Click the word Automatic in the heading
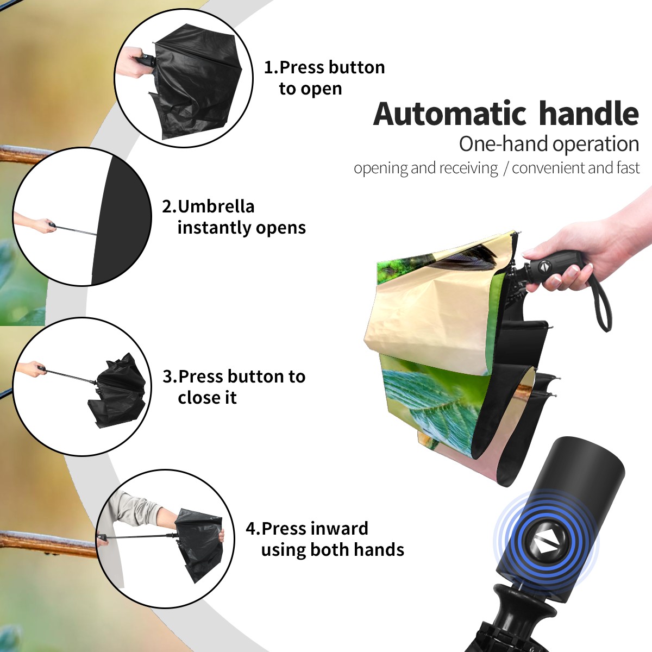click(450, 114)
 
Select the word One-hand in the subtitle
click(504, 144)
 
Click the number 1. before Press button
click(271, 67)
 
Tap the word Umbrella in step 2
click(216, 206)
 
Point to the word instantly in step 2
click(215, 227)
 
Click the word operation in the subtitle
click(596, 145)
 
